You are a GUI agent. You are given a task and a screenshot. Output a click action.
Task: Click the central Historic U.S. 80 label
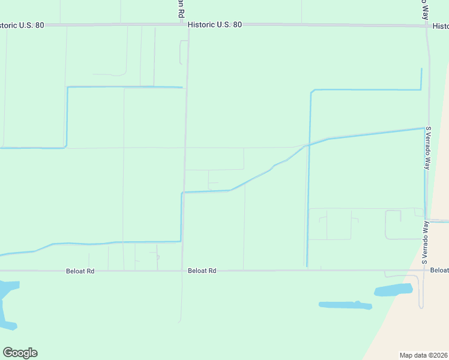[x=214, y=25]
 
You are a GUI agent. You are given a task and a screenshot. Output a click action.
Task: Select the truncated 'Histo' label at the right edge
[x=441, y=26]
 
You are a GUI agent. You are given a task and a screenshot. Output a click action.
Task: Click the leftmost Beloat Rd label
[x=80, y=271]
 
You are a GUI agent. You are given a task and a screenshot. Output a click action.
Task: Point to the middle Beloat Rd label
[x=202, y=271]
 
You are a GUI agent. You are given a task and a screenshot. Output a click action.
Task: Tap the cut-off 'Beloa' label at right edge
[x=439, y=271]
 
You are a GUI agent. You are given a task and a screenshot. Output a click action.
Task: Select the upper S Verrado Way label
[x=428, y=148]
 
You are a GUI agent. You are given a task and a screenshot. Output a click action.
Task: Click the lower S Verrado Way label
[x=425, y=242]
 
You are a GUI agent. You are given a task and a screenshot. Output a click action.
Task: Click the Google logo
[x=20, y=353]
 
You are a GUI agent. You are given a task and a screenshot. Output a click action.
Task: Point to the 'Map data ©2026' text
[x=423, y=355]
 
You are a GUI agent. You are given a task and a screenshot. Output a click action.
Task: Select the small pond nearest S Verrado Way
[x=393, y=290]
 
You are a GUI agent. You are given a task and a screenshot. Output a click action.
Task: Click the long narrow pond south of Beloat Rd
[x=345, y=305]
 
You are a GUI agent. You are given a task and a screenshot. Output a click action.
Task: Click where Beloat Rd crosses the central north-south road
[x=182, y=271]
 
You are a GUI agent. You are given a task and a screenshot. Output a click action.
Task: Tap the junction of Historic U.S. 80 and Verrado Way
[x=427, y=26]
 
